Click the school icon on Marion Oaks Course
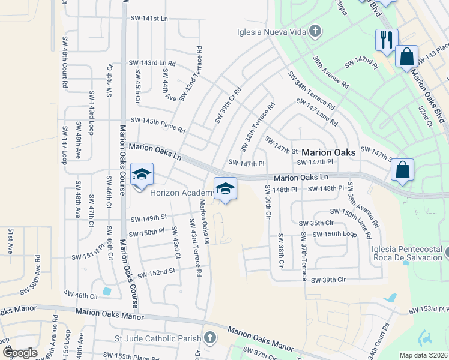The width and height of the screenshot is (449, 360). [142, 174]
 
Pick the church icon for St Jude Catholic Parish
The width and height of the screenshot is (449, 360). [209, 338]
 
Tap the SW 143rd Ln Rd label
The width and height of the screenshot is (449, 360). [153, 63]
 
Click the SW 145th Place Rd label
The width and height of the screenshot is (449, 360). [157, 125]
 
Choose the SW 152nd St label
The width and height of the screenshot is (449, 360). [156, 273]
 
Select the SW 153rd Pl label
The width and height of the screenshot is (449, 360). [429, 310]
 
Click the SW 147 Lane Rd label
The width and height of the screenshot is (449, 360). [316, 112]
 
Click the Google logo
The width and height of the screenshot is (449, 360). [19, 353]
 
